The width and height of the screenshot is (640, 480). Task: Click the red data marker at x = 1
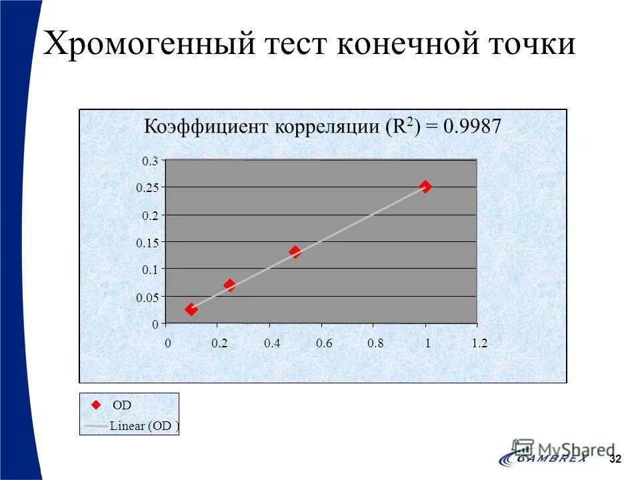(x=425, y=187)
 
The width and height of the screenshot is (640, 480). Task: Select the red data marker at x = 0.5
(x=295, y=252)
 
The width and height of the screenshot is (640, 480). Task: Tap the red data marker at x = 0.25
(x=230, y=285)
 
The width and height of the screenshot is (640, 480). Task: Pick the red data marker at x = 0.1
(x=191, y=309)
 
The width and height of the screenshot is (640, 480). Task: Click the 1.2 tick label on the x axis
(x=479, y=344)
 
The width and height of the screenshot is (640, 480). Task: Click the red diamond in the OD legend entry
(x=95, y=405)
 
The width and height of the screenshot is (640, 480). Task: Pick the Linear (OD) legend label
(x=143, y=427)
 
